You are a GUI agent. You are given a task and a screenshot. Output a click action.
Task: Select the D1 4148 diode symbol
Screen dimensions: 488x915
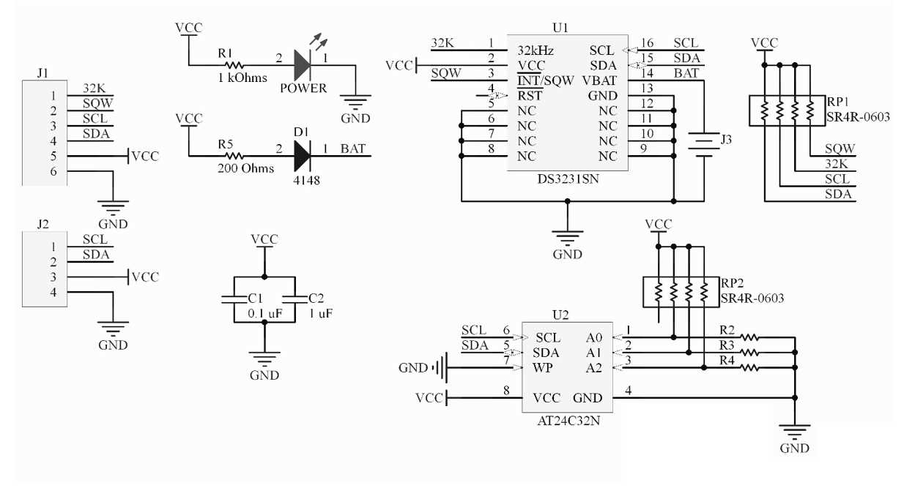point(303,156)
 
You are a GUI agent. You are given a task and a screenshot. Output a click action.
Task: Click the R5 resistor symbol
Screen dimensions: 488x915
point(235,156)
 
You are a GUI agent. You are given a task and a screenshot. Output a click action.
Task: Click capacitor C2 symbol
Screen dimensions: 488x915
point(294,299)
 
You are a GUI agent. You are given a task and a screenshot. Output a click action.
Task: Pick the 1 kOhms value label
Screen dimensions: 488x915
point(242,78)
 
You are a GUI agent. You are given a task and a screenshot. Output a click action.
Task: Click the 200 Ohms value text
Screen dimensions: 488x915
point(245,168)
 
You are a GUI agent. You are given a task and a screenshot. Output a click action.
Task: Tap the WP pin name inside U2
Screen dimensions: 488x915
point(543,367)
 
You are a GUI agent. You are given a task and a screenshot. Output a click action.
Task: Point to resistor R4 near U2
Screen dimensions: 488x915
point(749,368)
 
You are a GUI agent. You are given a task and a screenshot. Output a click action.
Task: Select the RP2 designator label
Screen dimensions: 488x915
point(732,284)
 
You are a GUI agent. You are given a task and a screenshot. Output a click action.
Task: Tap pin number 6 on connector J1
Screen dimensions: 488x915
point(53,171)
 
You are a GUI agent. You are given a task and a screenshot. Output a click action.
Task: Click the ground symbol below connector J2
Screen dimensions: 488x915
point(113,329)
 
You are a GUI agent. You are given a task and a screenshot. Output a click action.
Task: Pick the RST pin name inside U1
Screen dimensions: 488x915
point(530,96)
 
